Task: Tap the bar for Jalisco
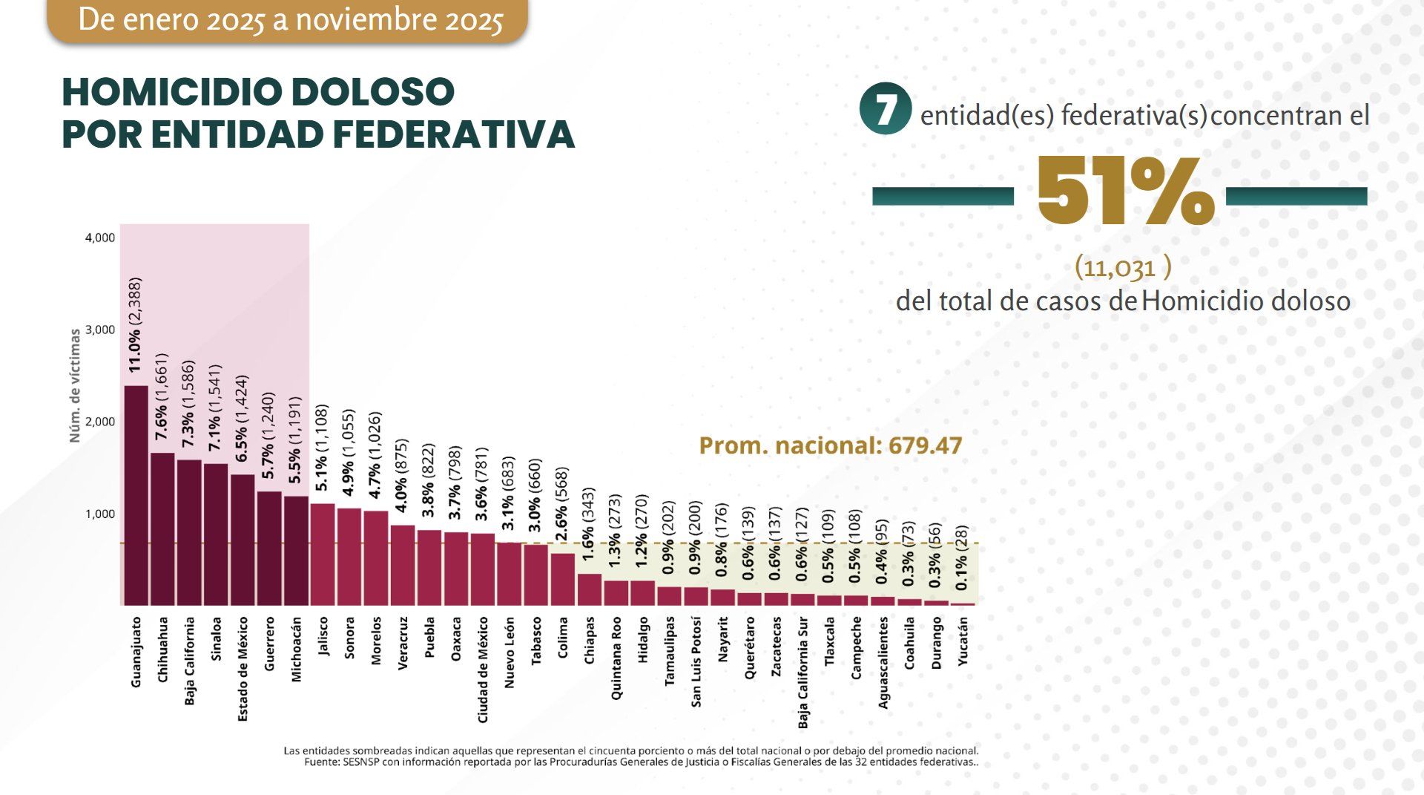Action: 323,554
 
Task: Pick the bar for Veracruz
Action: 403,565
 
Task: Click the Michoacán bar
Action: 296,550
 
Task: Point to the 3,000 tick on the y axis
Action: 100,330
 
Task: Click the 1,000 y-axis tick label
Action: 100,514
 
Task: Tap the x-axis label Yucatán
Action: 963,641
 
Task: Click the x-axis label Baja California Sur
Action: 803,672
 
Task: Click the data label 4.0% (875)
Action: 401,475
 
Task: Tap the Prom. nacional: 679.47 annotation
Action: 830,445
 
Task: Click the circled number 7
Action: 884,108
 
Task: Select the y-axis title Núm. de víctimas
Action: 74,386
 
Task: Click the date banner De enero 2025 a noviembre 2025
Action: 289,20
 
